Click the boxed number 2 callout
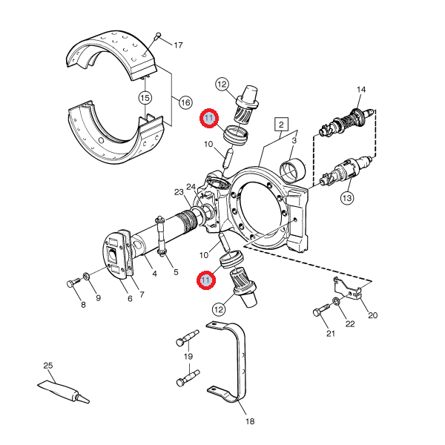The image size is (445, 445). click(x=281, y=124)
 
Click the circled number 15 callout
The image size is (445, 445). click(x=145, y=97)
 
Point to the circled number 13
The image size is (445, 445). click(x=347, y=197)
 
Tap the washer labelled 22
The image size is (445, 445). click(x=337, y=301)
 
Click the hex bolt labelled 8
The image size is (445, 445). click(x=72, y=283)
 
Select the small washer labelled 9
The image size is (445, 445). click(x=88, y=277)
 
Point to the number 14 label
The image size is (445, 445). click(x=361, y=90)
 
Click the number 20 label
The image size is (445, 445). click(x=372, y=315)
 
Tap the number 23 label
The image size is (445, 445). click(x=179, y=193)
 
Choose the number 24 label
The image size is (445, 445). click(x=191, y=187)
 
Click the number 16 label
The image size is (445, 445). click(x=185, y=102)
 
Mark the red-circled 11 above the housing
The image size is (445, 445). click(x=209, y=119)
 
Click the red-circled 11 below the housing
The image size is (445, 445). click(x=205, y=280)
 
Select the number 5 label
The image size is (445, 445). click(x=176, y=272)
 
